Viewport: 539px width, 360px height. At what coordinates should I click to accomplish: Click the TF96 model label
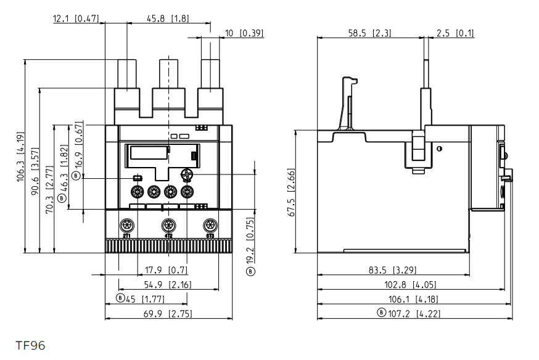coord(31,345)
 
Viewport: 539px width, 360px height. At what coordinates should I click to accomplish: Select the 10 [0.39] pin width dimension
coord(244,33)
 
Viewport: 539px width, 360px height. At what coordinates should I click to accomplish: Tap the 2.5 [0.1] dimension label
coord(456,33)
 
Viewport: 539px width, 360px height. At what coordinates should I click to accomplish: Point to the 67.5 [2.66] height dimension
coord(291,192)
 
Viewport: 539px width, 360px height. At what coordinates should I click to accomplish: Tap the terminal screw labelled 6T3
coord(210,224)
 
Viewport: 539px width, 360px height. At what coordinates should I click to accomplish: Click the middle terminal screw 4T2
coord(168,224)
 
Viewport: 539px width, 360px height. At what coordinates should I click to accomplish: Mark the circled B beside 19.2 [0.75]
coord(250,270)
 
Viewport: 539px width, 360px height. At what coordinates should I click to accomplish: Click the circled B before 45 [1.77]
coord(121,299)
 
